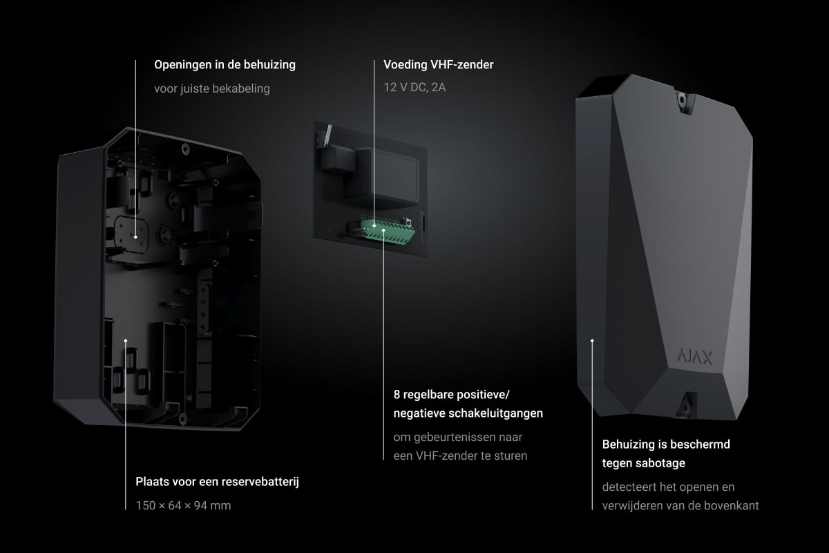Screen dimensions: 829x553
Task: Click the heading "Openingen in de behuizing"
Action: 225,65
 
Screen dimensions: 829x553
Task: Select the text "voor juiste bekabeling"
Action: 212,89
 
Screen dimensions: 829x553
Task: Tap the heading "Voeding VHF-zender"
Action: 438,65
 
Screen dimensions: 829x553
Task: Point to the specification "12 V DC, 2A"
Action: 414,87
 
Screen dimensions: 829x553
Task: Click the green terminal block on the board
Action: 388,232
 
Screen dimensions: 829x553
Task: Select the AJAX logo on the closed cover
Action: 695,357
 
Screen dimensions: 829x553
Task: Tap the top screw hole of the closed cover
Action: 681,100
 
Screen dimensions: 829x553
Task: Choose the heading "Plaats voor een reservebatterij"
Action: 217,482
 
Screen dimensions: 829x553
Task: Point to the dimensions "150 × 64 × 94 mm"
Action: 183,505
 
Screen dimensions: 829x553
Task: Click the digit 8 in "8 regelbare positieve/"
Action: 397,395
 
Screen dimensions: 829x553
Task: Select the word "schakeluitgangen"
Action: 501,413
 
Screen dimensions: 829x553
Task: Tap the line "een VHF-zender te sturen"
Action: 460,456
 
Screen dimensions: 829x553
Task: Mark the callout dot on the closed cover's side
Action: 592,340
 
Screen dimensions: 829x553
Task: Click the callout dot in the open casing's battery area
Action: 126,340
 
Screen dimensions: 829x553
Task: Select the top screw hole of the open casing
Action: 185,149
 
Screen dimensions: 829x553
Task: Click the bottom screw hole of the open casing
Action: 182,419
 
